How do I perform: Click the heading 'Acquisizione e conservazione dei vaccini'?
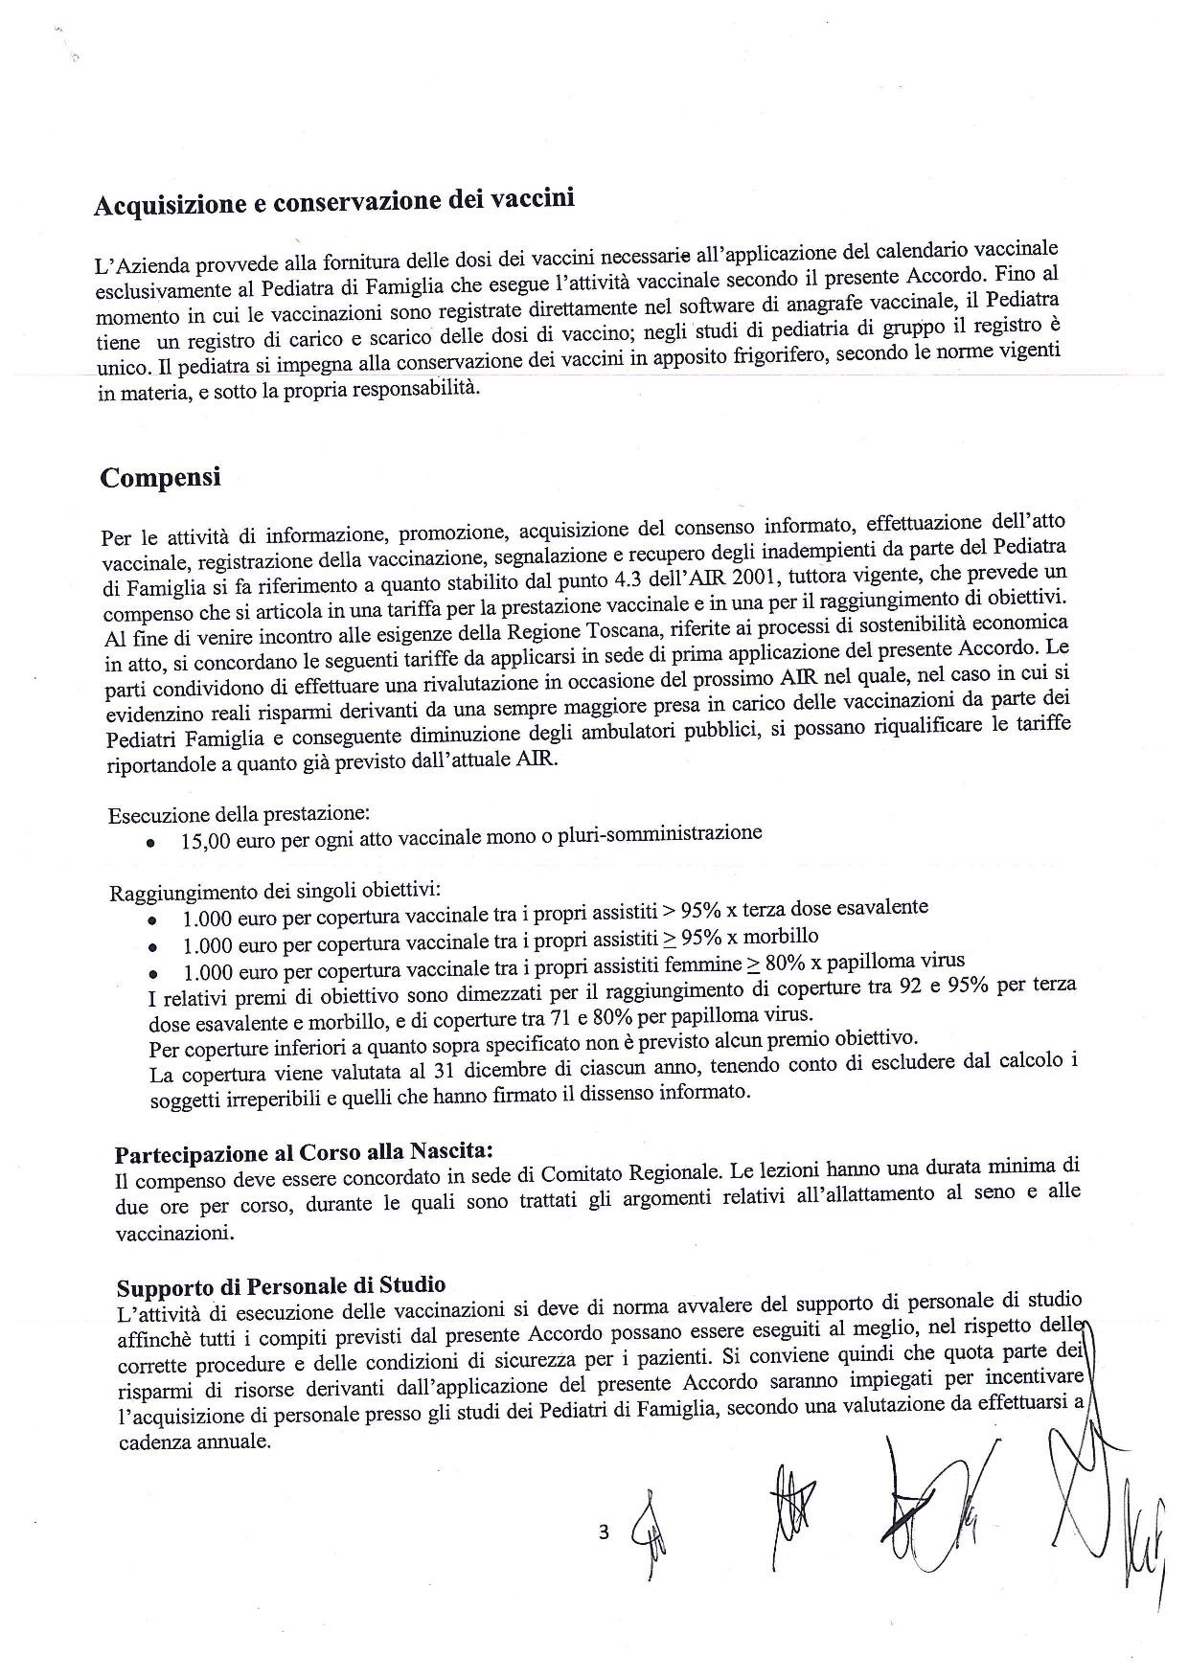[333, 202]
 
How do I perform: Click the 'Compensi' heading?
[160, 477]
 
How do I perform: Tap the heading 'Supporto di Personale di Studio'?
[281, 1285]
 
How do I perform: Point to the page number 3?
[604, 1532]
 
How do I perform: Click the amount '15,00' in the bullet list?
[206, 842]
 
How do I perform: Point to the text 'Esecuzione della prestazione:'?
[239, 815]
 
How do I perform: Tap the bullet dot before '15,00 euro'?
[150, 844]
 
